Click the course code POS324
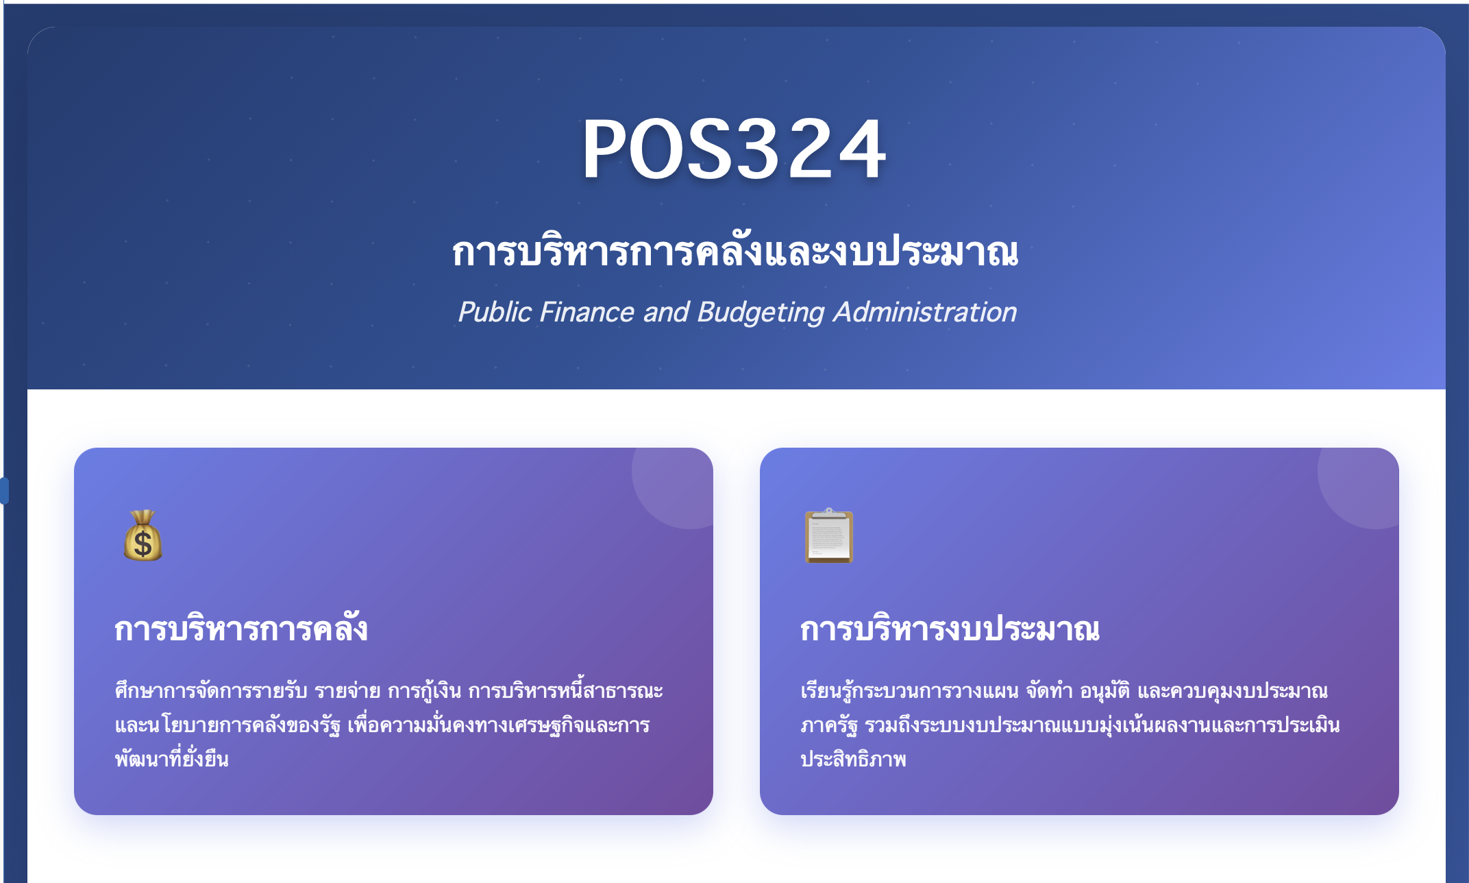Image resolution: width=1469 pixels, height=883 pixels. pyautogui.click(x=734, y=149)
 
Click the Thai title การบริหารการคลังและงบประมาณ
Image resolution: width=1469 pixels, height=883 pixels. pyautogui.click(x=734, y=252)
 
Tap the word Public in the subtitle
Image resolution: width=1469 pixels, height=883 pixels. pyautogui.click(x=494, y=313)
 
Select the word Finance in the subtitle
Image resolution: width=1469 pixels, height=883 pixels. pyautogui.click(x=587, y=313)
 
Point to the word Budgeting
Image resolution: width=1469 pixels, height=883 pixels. pyautogui.click(x=761, y=313)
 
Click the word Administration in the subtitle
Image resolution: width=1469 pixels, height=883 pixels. pyautogui.click(x=925, y=313)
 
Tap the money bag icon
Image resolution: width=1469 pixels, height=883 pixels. pyautogui.click(x=143, y=536)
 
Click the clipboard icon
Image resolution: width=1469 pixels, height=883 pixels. pyautogui.click(x=829, y=536)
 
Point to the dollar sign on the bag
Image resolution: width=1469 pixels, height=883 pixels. pyautogui.click(x=143, y=544)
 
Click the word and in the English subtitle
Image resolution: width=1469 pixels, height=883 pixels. pyautogui.click(x=665, y=313)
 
